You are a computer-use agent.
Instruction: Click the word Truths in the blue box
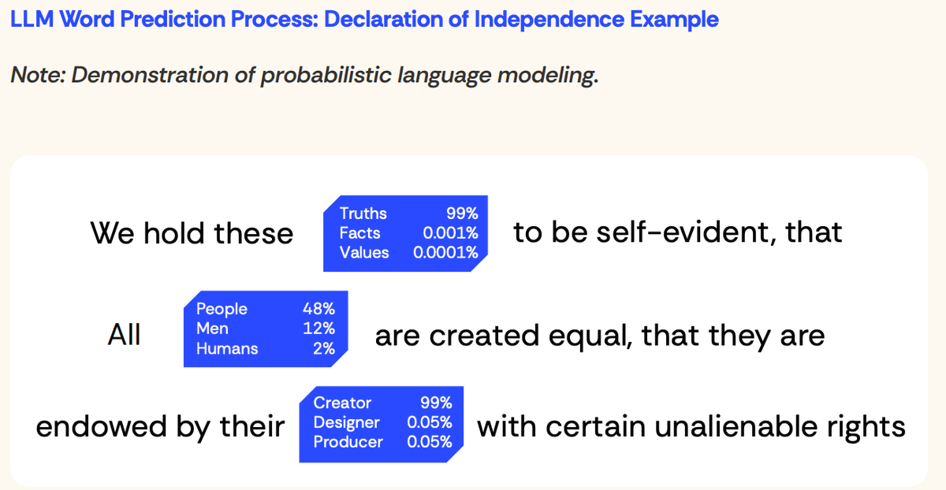click(363, 213)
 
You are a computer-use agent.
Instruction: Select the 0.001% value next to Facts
click(450, 233)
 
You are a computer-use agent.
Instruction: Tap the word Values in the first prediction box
click(364, 253)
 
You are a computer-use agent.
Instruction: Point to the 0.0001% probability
click(445, 253)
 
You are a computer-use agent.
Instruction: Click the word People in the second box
click(222, 309)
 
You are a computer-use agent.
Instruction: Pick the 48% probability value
click(318, 309)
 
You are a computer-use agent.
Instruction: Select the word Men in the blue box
click(212, 329)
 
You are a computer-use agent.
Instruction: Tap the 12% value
click(318, 329)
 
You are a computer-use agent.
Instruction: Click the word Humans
click(227, 348)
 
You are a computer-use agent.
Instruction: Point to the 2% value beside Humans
click(323, 348)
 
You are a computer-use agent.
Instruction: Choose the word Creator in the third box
click(342, 403)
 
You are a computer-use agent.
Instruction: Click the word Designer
click(347, 422)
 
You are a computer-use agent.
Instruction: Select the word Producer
click(348, 442)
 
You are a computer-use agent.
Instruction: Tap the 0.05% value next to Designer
click(429, 422)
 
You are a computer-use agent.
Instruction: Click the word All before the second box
click(124, 336)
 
